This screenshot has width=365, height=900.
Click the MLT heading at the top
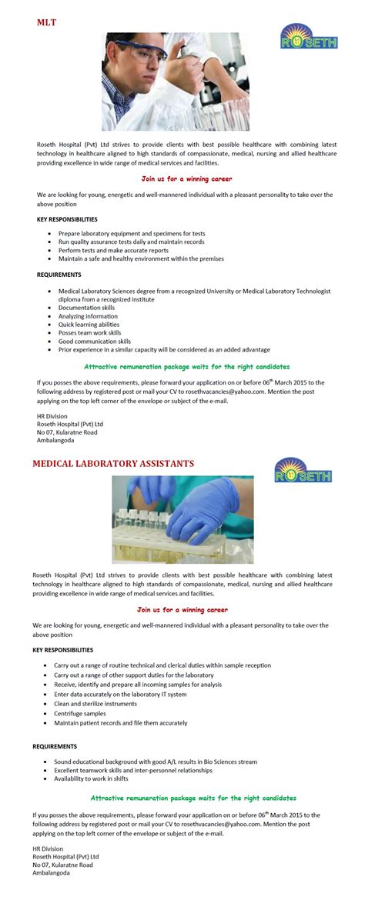click(47, 22)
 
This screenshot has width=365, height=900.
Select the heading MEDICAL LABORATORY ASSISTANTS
click(112, 464)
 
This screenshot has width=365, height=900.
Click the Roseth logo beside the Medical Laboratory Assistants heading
click(303, 470)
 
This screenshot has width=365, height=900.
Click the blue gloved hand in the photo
click(188, 523)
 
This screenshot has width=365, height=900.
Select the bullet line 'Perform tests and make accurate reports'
click(113, 250)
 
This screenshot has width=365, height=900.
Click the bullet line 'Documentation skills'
click(86, 308)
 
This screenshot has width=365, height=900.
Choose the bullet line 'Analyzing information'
click(88, 316)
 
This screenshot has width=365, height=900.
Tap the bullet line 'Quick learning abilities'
click(89, 325)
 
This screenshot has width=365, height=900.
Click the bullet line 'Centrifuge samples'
click(80, 713)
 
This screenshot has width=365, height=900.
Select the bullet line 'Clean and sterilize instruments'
click(95, 704)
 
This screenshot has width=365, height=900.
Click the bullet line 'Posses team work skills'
click(95, 333)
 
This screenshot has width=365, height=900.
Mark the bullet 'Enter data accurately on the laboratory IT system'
click(120, 694)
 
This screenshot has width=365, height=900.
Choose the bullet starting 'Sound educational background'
click(156, 762)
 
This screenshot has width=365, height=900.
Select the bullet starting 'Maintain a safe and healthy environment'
click(141, 258)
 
